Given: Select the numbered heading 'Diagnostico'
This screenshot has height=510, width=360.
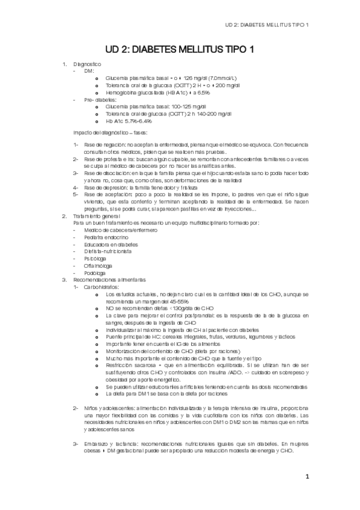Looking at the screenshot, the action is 87,64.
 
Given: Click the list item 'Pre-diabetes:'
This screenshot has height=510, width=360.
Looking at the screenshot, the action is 100,99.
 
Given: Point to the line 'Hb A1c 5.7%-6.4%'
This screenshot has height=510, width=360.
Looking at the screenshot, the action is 129,121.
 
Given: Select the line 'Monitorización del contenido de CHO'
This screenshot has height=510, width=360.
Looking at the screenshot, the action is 174,350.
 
